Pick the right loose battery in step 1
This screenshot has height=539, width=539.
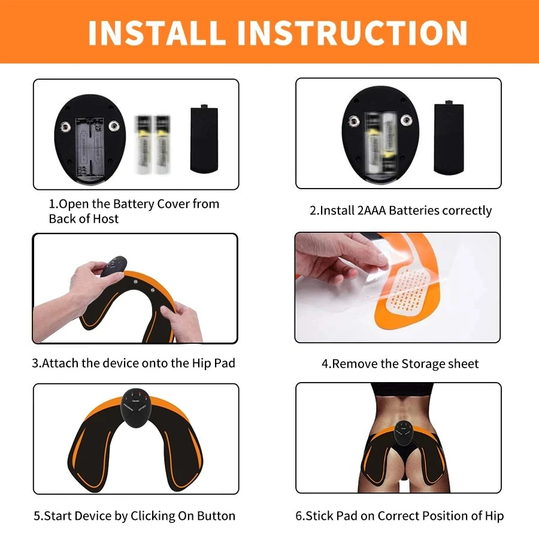[x=162, y=144]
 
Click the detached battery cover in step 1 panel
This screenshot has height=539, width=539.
[x=204, y=138]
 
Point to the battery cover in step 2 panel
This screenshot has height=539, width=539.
[x=449, y=139]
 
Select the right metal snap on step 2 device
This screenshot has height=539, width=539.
[x=408, y=121]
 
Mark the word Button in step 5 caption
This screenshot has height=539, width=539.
[x=215, y=516]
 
